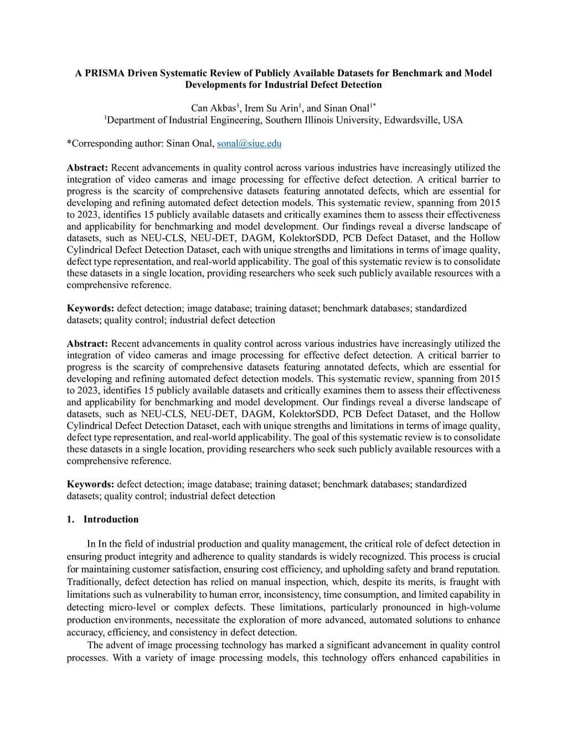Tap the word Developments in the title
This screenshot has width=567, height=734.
pyautogui.click(x=217, y=85)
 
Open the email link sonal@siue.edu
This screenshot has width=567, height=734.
pyautogui.click(x=249, y=143)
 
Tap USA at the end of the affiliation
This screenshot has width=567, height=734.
pyautogui.click(x=453, y=120)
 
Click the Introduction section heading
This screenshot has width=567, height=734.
pyautogui.click(x=111, y=519)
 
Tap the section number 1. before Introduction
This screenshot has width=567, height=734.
pyautogui.click(x=70, y=519)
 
